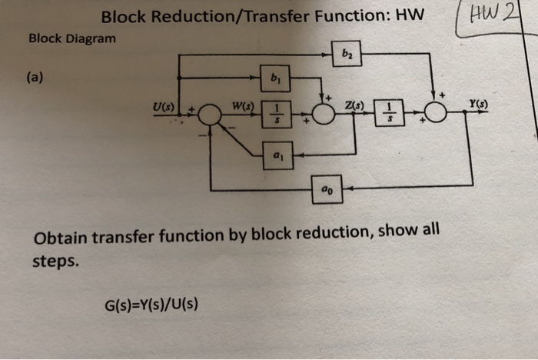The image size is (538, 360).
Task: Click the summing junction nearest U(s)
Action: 209,116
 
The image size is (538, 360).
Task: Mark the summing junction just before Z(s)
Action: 324,115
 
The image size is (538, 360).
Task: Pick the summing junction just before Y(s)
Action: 437,114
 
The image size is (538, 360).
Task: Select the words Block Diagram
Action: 71,38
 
